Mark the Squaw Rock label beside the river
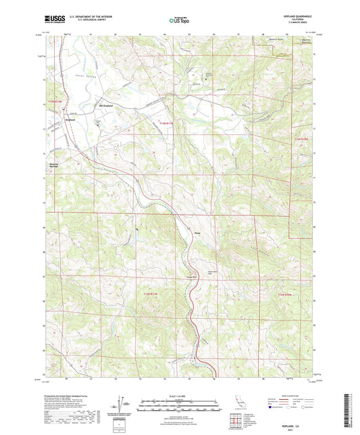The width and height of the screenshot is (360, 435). (x=192, y=277)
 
